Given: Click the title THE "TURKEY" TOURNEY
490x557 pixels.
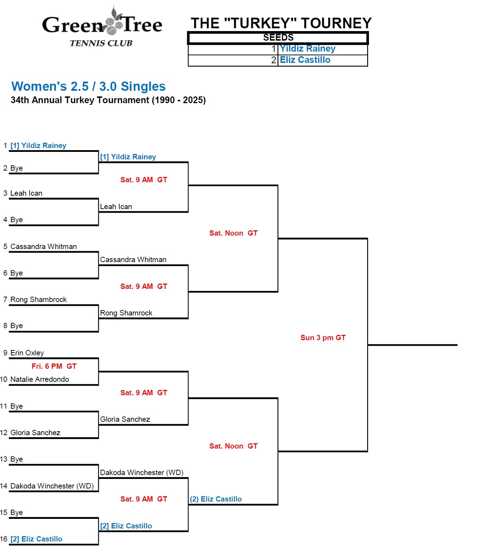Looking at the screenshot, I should (281, 23).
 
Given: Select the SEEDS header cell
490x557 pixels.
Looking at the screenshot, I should (278, 38).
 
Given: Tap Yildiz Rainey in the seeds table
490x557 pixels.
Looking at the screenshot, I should (307, 49).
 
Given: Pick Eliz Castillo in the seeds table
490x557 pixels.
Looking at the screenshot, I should (305, 60).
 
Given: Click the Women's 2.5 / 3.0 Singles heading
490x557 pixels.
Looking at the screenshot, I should (88, 87).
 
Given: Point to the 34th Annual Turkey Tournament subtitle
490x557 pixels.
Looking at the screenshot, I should (108, 100).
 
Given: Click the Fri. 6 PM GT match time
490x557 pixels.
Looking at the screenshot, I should (54, 366).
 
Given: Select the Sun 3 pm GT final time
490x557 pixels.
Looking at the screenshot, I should (323, 338).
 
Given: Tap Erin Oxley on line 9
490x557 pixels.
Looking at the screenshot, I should (27, 353).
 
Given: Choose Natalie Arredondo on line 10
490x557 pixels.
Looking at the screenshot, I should (40, 379).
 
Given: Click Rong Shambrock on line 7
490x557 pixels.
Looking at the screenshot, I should (38, 300).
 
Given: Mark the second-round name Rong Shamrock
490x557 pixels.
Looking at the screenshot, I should (126, 313).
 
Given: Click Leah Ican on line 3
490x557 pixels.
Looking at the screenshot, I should (26, 193).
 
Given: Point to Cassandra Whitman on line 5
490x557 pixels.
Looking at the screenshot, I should (43, 247).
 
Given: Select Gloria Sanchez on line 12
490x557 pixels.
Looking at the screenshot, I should (35, 433).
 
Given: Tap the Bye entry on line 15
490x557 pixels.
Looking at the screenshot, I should (17, 512).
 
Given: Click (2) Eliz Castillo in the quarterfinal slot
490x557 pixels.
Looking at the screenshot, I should (216, 499).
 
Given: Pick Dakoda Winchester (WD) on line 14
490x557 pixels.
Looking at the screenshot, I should (52, 486).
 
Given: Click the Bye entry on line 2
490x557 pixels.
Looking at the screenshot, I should (17, 168).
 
